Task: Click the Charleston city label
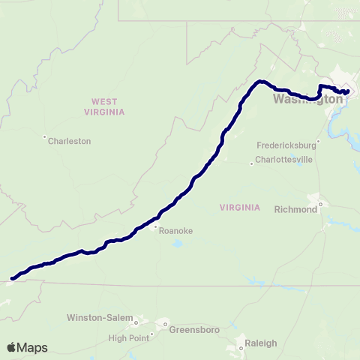[70, 140]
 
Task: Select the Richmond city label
[296, 209]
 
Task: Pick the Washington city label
[303, 99]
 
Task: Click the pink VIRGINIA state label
[240, 207]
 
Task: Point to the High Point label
[129, 337]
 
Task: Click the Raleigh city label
[262, 343]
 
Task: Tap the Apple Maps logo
[28, 347]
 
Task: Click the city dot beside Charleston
[45, 136]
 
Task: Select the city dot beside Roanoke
[155, 226]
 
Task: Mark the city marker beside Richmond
[321, 202]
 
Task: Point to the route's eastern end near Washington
[348, 91]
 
